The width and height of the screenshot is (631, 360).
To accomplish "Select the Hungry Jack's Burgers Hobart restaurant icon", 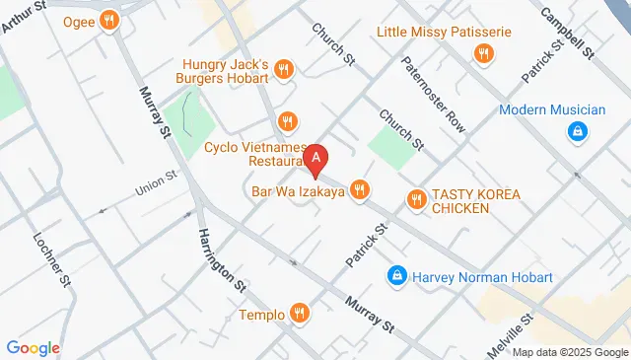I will [284, 68].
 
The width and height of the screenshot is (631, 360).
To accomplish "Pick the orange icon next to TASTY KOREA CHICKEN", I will [417, 200].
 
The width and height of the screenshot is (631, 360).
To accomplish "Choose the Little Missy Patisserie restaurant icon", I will [482, 54].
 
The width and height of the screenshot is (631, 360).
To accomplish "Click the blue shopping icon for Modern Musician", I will [575, 130].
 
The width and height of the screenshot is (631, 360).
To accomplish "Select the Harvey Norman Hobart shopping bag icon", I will [396, 277].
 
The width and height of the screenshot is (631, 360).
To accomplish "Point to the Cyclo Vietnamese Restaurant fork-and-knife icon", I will [287, 121].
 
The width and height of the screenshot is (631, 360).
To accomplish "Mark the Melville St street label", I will [512, 340].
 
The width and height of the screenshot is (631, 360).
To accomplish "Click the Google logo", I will [33, 347].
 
